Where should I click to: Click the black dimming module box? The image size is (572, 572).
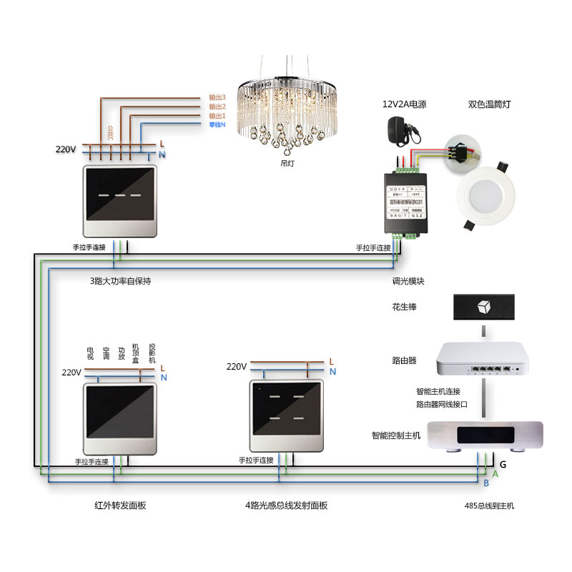pos(405,203)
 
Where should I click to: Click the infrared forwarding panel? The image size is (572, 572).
pos(119,420)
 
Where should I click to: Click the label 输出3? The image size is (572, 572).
pos(217,97)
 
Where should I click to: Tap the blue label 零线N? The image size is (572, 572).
pos(217,125)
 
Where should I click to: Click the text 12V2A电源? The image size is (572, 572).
pos(404,104)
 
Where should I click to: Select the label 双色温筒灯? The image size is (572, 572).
pos(490,104)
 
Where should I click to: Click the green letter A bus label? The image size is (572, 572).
pos(495,474)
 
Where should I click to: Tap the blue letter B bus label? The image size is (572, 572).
pos(486,485)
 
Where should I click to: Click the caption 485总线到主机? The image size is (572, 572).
pos(489,506)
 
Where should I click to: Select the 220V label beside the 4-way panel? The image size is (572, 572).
pos(237,367)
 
